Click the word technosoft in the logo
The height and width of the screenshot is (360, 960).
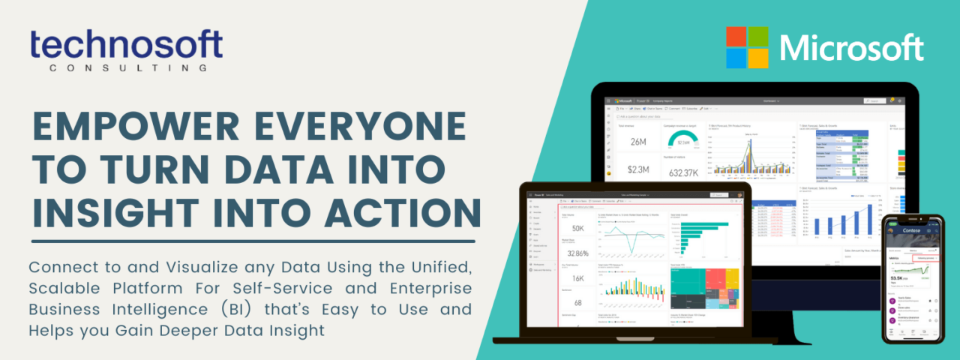[127, 44]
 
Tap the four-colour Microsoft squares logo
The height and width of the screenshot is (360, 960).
[747, 48]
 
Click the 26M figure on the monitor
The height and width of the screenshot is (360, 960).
[638, 142]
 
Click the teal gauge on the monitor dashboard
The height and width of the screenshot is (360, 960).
[683, 141]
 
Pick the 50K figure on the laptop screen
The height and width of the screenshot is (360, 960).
[577, 228]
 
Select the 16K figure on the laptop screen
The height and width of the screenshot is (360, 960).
[577, 277]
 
